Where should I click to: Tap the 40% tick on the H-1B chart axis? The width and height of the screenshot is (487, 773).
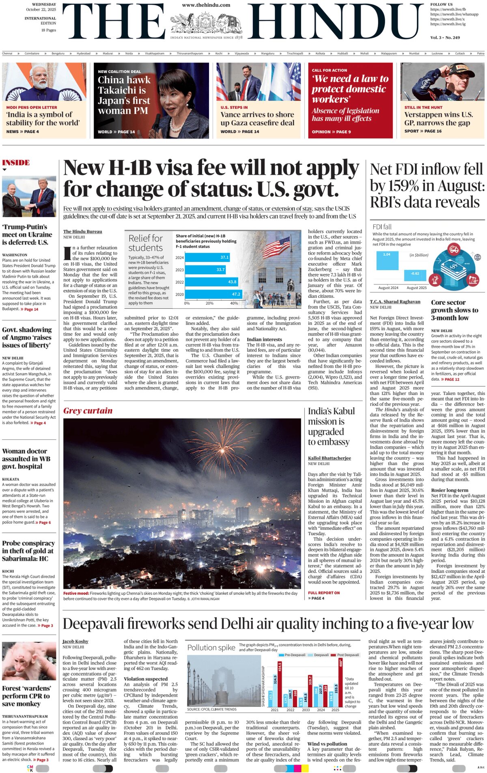point(234,303)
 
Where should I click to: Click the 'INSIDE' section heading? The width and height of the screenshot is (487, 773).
point(16,163)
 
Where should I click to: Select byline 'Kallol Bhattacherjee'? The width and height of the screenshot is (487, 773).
point(329,458)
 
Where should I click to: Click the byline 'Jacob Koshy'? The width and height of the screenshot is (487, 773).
point(75,642)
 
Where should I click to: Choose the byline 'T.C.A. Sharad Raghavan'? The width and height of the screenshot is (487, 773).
point(395,302)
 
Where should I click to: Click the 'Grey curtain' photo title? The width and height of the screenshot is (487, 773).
point(88,411)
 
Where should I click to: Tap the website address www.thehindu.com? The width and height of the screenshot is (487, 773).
point(206,5)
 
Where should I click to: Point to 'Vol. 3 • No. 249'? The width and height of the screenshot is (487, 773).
point(445,37)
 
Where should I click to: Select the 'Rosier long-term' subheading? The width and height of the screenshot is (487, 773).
point(449,490)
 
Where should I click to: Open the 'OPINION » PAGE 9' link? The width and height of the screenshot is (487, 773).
point(331,132)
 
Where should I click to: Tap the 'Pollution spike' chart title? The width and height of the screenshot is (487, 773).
point(211,648)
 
